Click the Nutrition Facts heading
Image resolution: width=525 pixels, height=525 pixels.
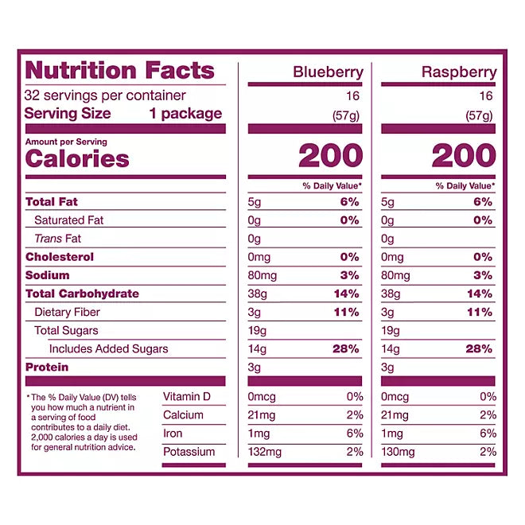120,70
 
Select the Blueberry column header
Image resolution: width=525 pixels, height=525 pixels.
328,72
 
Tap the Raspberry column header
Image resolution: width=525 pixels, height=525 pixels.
460,72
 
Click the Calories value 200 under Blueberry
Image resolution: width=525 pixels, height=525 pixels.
330,157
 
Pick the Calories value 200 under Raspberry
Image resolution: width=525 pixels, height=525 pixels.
463,157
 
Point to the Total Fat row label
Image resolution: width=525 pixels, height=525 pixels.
52,202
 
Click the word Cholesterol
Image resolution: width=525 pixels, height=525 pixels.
60,257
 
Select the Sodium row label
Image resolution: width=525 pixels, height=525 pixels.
48,275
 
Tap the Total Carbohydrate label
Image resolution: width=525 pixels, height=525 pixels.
82,294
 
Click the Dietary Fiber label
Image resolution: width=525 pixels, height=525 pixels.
68,312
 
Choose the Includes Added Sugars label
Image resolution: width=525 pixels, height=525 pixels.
108,348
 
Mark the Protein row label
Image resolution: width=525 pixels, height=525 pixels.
47,367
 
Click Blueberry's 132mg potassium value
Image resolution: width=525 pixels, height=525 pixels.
266,452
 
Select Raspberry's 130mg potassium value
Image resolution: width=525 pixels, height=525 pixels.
399,452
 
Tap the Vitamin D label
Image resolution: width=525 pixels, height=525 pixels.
188,397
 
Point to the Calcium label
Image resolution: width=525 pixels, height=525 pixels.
184,415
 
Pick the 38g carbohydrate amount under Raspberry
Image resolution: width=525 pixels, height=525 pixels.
391,294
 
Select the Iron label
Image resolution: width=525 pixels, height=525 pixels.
173,434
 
